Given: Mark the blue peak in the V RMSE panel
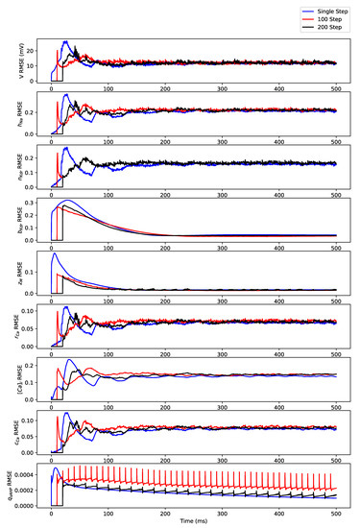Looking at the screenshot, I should point(65,42).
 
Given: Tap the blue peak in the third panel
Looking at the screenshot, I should point(65,148).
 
